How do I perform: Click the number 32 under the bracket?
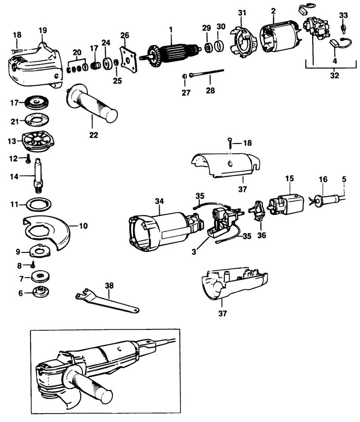pyautogui.click(x=334, y=76)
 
